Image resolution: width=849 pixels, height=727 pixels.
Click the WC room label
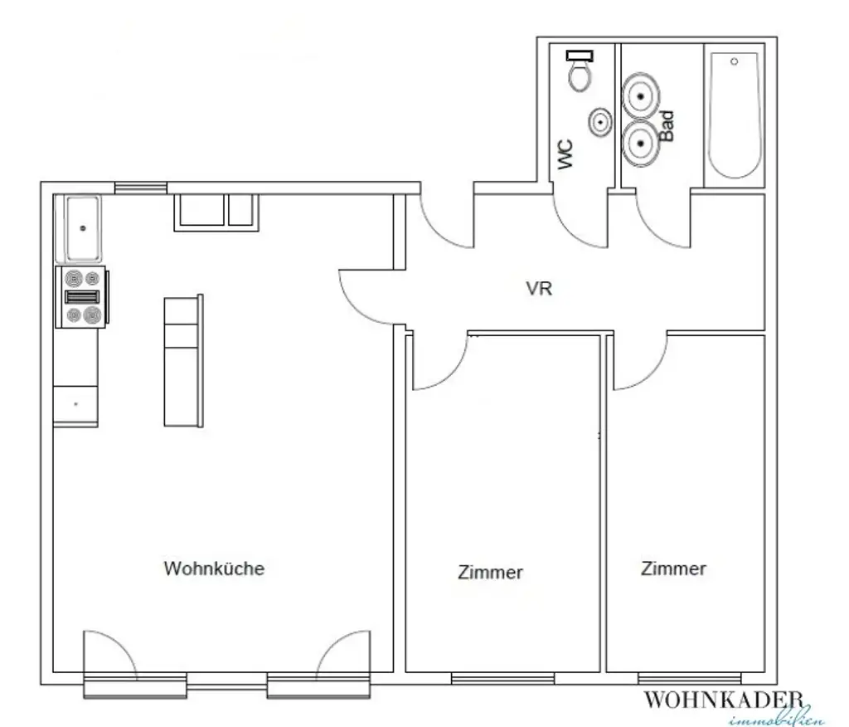click(x=566, y=155)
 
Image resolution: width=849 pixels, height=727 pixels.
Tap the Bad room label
click(x=666, y=127)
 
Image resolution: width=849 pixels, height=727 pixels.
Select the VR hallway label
click(x=539, y=290)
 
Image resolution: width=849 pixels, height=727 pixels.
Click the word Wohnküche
click(x=214, y=568)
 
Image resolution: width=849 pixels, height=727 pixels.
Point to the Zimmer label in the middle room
click(x=490, y=572)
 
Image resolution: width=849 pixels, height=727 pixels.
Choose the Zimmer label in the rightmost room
click(x=673, y=568)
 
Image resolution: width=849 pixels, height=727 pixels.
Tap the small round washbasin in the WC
click(x=600, y=123)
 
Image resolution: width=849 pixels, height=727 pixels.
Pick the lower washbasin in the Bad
click(x=641, y=144)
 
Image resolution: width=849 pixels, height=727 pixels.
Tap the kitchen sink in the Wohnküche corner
click(x=81, y=227)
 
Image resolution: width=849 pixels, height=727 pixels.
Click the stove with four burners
click(x=81, y=297)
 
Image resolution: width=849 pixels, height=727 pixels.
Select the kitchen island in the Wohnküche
click(x=183, y=361)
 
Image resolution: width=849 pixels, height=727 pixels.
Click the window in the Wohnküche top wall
click(x=140, y=188)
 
